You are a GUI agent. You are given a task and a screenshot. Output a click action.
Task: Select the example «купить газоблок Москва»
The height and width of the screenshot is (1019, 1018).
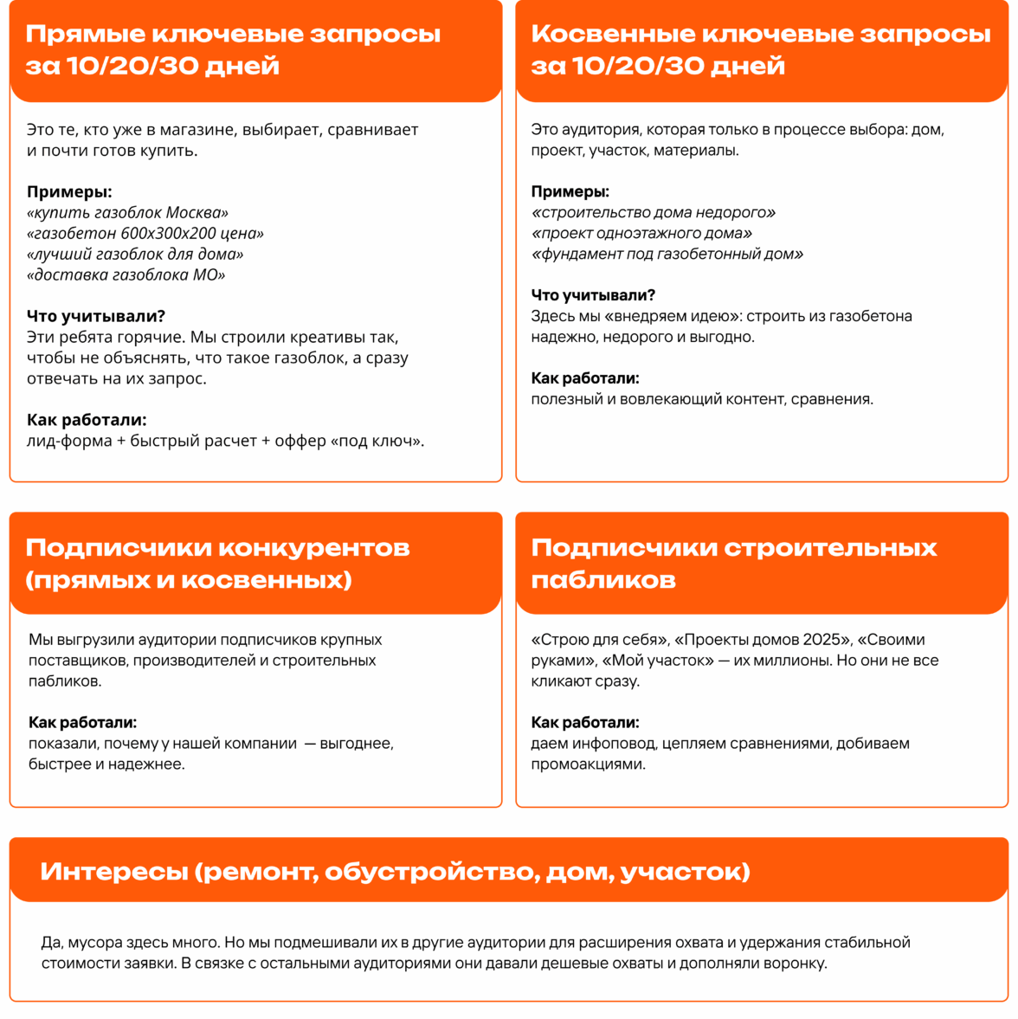pyautogui.click(x=128, y=213)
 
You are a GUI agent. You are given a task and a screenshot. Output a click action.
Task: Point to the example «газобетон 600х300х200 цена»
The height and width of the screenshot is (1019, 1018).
pyautogui.click(x=145, y=234)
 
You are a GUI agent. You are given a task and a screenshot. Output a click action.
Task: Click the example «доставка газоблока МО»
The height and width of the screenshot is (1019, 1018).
pyautogui.click(x=126, y=275)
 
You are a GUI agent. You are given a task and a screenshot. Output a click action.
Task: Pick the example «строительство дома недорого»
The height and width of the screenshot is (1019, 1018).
pyautogui.click(x=654, y=213)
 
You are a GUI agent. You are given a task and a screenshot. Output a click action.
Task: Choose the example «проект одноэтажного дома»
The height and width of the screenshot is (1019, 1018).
pyautogui.click(x=641, y=234)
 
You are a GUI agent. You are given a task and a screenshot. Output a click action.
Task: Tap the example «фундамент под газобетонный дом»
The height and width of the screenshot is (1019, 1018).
pyautogui.click(x=667, y=255)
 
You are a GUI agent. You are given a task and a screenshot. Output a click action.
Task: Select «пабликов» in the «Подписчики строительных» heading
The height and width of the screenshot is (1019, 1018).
pyautogui.click(x=603, y=580)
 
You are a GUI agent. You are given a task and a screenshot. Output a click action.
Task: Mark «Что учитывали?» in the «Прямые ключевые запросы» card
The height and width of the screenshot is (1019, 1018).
pyautogui.click(x=96, y=317)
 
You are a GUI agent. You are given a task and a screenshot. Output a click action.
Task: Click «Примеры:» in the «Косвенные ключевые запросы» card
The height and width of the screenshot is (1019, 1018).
pyautogui.click(x=570, y=192)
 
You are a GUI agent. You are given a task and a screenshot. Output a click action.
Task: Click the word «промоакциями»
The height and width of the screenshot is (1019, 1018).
pyautogui.click(x=588, y=764)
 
